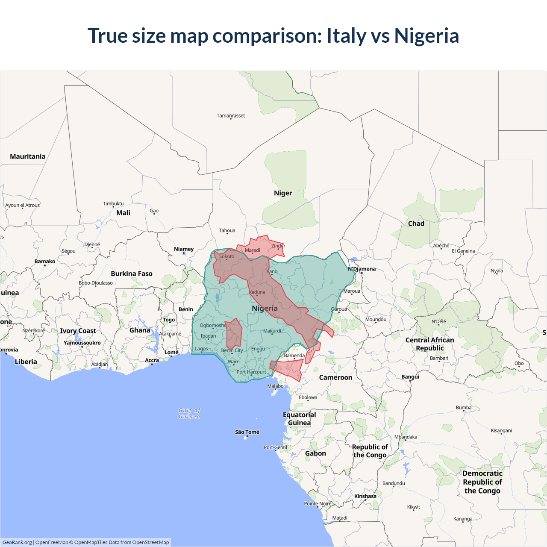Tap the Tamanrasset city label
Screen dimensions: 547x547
tap(231, 115)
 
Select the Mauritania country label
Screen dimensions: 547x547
tap(28, 156)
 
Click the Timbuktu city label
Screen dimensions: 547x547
tap(113, 203)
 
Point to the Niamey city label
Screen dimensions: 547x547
tap(184, 249)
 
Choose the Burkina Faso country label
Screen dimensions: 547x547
tap(132, 273)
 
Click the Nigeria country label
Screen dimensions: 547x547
tap(265, 309)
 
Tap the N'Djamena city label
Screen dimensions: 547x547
tap(362, 269)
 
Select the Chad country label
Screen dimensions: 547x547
tap(416, 224)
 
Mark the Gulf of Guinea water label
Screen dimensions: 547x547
tap(189, 413)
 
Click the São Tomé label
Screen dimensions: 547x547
tap(247, 432)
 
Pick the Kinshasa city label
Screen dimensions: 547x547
tap(365, 496)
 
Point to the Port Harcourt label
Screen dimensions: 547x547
tap(251, 372)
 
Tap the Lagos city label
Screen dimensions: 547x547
tap(201, 349)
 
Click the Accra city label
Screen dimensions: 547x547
tap(152, 360)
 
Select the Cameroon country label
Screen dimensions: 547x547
tap(335, 377)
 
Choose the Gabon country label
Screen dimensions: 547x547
tap(315, 453)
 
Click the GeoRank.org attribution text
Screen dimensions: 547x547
tap(17, 542)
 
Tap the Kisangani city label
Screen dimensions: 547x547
tap(501, 430)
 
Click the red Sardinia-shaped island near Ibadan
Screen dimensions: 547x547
tap(234, 333)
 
